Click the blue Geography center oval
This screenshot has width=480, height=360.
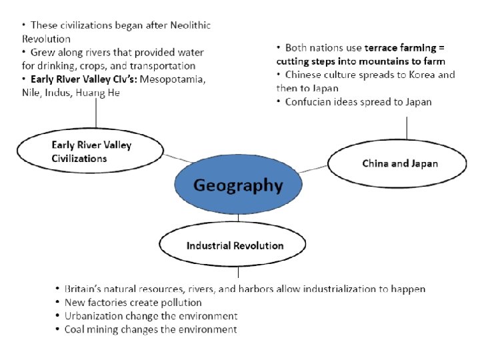(x=238, y=185)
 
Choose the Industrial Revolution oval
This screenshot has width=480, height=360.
(x=235, y=245)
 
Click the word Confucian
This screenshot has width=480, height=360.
(x=309, y=102)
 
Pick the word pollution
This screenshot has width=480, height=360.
(x=179, y=303)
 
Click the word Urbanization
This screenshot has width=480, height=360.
(x=93, y=316)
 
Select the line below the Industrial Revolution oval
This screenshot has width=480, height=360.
(x=238, y=273)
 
